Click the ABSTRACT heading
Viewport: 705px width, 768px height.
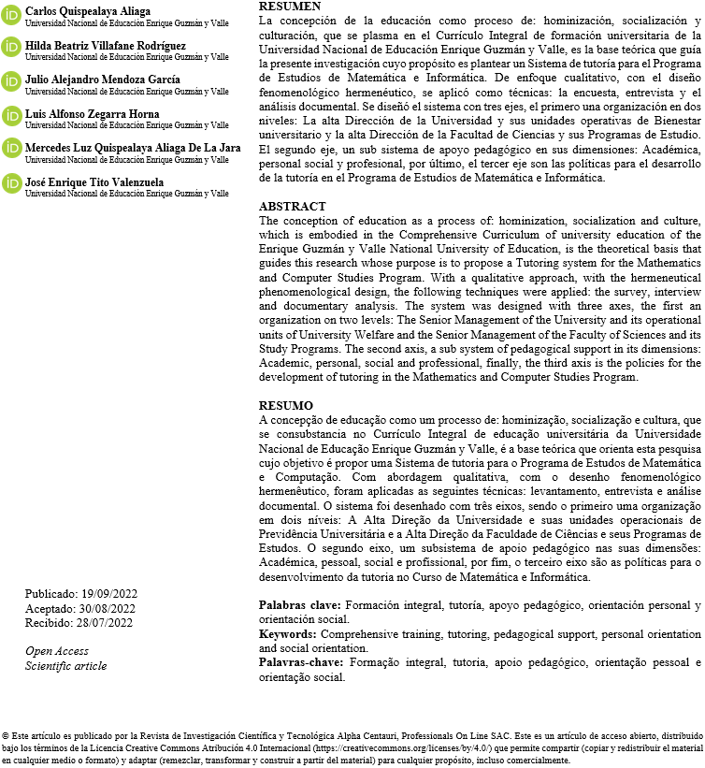click(292, 207)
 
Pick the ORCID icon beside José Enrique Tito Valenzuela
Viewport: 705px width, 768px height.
click(12, 183)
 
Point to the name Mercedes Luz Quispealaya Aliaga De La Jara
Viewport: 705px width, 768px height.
click(132, 148)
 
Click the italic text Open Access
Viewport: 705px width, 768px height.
click(57, 651)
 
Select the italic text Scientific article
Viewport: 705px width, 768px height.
click(65, 666)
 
